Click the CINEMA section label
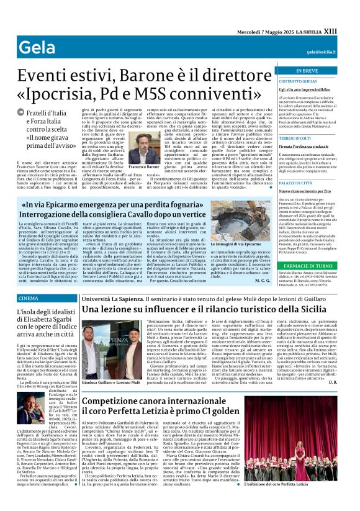[28, 299]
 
